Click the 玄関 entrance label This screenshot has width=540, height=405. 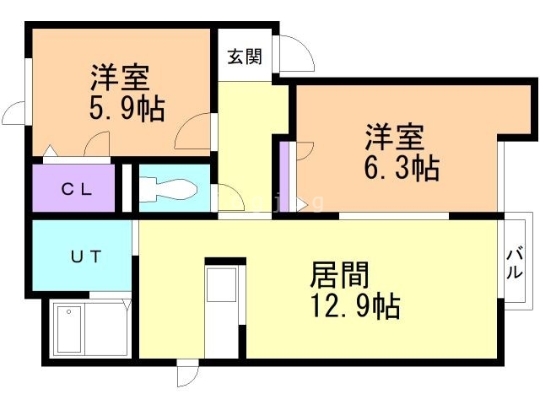pos(244,57)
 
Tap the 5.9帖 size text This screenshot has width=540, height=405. pos(127,108)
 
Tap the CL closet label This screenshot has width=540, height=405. pos(75,189)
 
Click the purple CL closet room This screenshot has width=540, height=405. pos(74,189)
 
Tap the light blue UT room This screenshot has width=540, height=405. pos(84,256)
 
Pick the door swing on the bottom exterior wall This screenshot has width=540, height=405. pos(188,375)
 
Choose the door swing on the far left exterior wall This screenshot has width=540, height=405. pos(18,114)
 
